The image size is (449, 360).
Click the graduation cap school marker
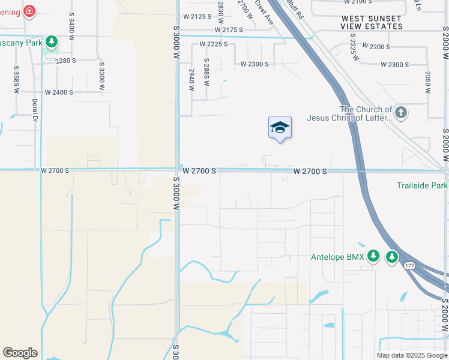coord(280,127)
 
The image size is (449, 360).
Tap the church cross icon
coord(401,112)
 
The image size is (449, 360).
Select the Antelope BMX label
coord(337,257)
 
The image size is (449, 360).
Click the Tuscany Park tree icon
coord(52,42)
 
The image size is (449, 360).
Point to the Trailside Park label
coord(422,185)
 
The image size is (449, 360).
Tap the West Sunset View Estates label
coord(372,23)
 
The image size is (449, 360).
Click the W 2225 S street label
coord(214,44)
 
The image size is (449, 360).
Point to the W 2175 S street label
coord(229,29)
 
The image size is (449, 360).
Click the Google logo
coord(20,353)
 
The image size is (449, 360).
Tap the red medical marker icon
coord(28,11)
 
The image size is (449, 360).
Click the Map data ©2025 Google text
coord(412,355)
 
